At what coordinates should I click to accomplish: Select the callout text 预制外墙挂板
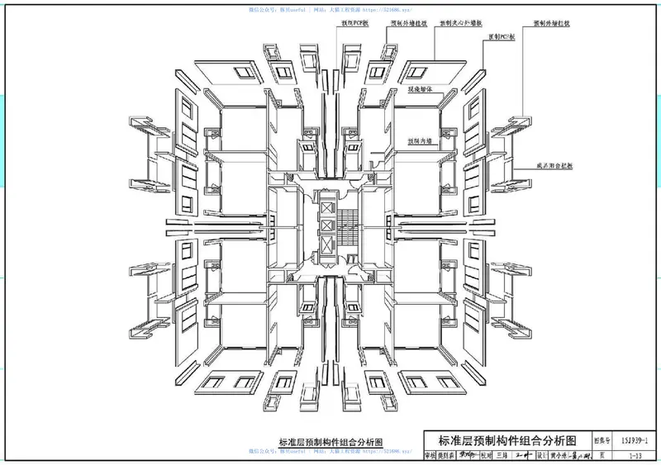tap(408, 25)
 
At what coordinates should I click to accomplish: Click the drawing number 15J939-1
tap(639, 440)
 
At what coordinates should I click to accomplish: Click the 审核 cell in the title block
tap(430, 455)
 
